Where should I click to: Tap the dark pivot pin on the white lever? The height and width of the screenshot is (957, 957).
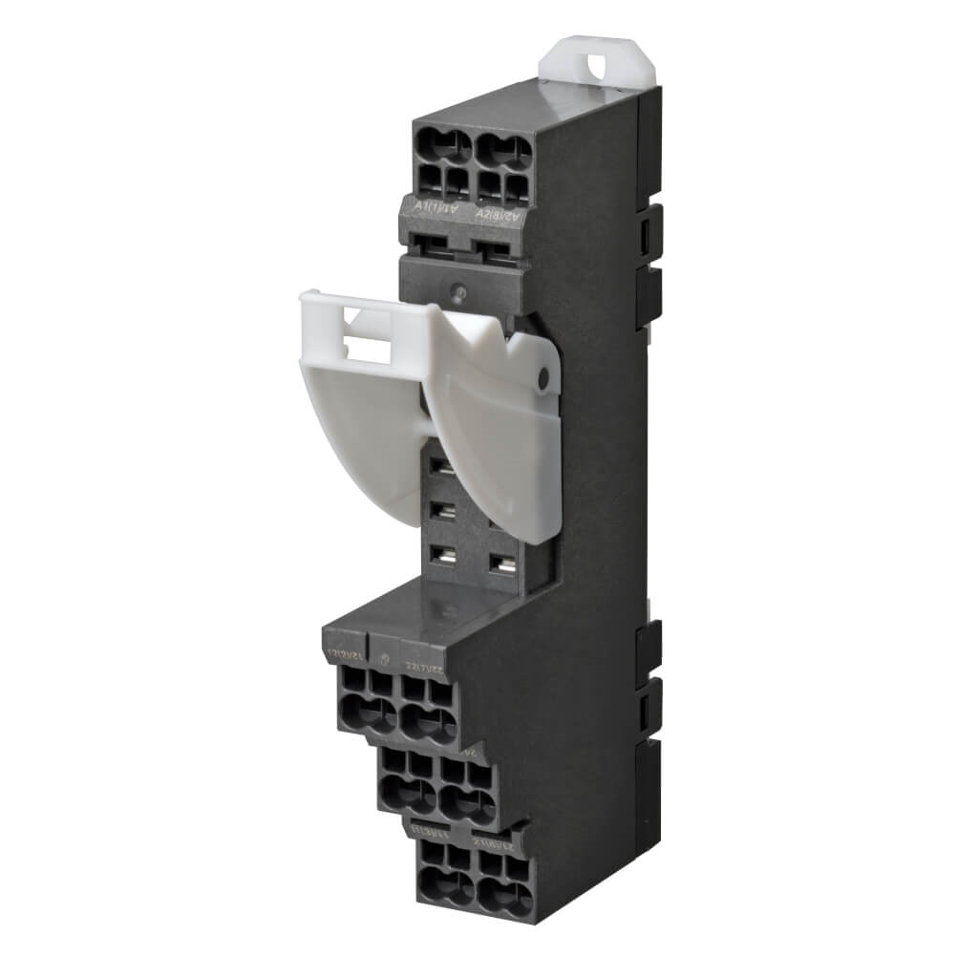(544, 381)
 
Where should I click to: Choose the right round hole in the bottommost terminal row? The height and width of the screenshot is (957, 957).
(506, 893)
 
